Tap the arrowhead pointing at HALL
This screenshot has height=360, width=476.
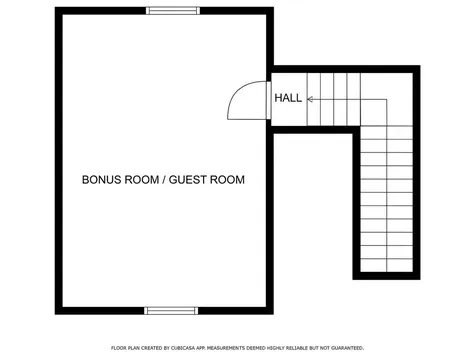(311, 100)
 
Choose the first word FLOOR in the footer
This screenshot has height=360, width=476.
(120, 347)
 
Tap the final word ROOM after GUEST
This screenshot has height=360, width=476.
(227, 180)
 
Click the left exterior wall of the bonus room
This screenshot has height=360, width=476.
(58, 160)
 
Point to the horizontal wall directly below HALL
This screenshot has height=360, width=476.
(312, 128)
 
